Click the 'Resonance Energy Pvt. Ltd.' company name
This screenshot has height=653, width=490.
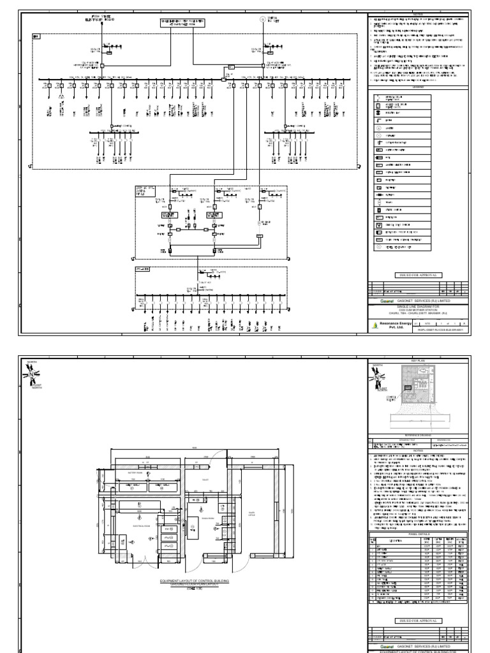[394, 326]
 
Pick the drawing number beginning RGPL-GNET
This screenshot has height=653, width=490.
[443, 330]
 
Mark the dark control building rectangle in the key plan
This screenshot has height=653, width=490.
[409, 394]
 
